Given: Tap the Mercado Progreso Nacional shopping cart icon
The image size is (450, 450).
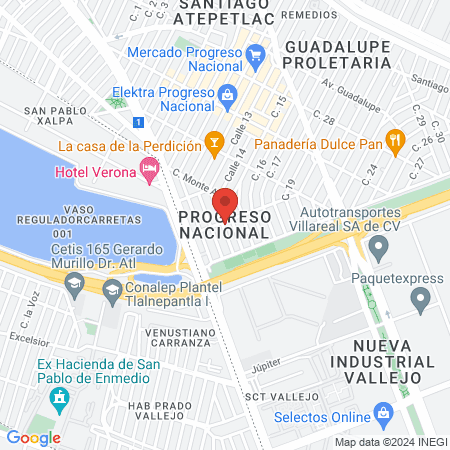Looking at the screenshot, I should pos(254,53).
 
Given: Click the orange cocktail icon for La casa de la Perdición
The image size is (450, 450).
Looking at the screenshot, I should pos(212,144).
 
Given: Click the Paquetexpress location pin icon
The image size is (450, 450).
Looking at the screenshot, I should pos(420,297).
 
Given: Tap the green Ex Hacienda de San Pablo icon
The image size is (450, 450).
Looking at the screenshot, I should pos(60,397).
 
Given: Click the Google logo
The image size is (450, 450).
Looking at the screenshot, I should pos(33,437).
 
